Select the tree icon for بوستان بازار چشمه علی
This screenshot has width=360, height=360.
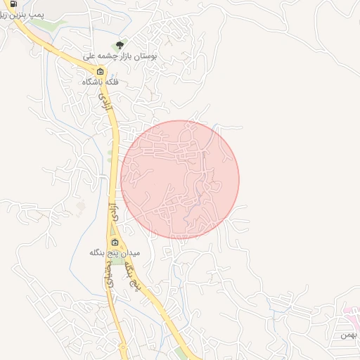click(x=119, y=45)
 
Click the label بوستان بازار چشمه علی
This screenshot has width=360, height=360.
click(x=120, y=55)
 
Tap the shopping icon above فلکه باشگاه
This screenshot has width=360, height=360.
click(x=100, y=71)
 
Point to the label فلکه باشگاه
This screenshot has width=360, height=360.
click(x=100, y=82)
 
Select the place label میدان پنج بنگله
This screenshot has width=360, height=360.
click(x=115, y=252)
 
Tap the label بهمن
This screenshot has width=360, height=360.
click(x=349, y=335)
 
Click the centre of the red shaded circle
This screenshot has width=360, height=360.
click(x=180, y=179)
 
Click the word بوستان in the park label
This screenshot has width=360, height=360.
click(x=145, y=55)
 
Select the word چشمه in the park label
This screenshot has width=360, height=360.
click(x=102, y=55)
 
